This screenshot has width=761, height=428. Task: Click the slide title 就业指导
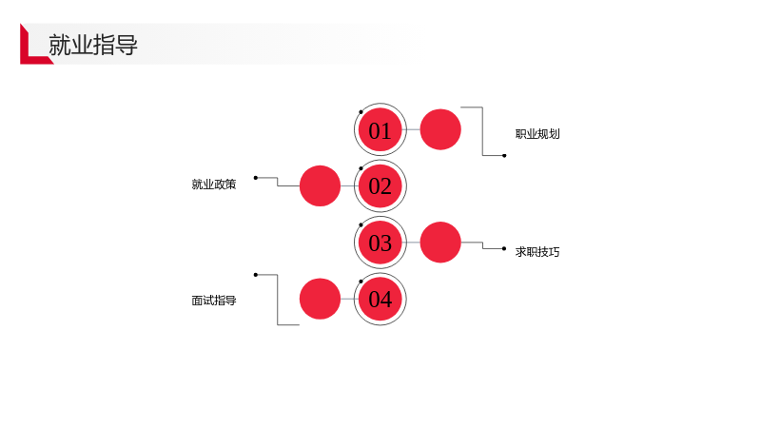click(x=92, y=45)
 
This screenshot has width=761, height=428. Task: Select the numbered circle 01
click(x=380, y=129)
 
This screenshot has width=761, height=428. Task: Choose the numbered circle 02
click(x=380, y=185)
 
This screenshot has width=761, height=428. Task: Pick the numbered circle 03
click(x=380, y=243)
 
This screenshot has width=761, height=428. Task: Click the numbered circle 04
click(x=380, y=299)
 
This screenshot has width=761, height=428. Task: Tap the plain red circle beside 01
click(x=440, y=129)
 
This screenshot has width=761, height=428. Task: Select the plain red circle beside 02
click(x=320, y=185)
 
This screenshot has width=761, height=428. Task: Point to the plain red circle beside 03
click(x=440, y=243)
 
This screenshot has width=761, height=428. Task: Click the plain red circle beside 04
click(x=320, y=299)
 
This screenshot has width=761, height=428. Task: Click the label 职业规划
click(x=537, y=134)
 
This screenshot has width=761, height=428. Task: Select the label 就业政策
click(x=213, y=185)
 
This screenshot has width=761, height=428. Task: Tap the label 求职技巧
click(x=537, y=252)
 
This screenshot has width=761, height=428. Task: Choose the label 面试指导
click(x=213, y=301)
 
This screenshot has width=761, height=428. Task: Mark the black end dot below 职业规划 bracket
click(x=504, y=156)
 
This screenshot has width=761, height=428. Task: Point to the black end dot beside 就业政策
click(x=256, y=178)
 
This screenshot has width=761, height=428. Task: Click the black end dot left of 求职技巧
click(x=504, y=248)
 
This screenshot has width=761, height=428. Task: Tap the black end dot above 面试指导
click(x=256, y=275)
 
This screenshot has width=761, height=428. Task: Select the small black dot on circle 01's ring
click(x=361, y=112)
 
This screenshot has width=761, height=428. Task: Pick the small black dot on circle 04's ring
click(x=361, y=282)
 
